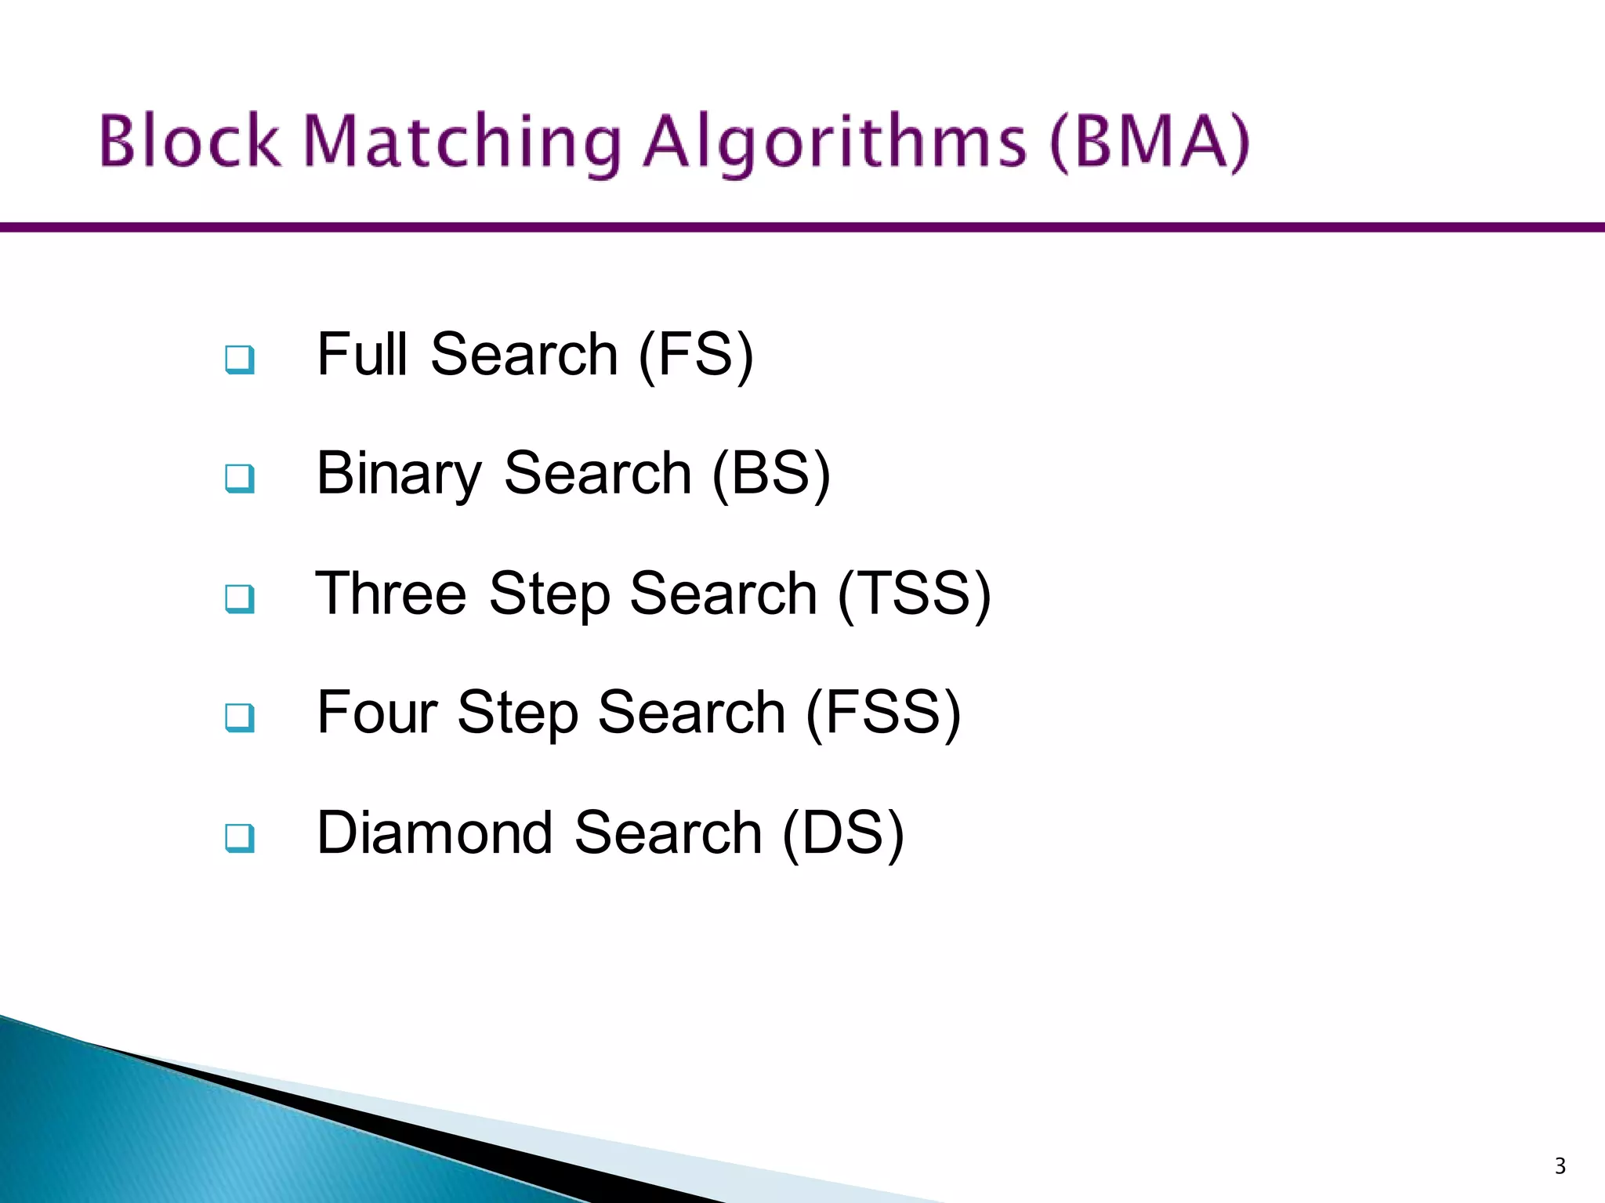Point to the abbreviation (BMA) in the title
(1149, 142)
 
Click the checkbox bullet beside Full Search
(239, 359)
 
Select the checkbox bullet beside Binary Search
(239, 478)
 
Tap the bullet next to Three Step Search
(239, 598)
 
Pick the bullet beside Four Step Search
(239, 717)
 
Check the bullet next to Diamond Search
(239, 837)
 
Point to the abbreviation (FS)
(696, 355)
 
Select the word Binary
(399, 475)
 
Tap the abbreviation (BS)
(771, 475)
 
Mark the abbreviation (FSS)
(883, 713)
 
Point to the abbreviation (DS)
(843, 833)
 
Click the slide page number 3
(1560, 1166)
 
